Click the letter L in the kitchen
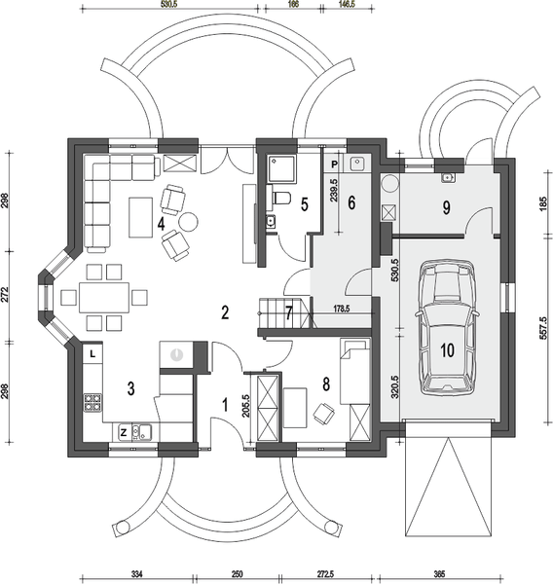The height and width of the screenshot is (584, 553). coord(92,354)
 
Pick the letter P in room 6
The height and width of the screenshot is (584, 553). coord(333,165)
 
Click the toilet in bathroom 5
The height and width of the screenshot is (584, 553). coord(279,199)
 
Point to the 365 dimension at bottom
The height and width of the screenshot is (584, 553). coord(439,574)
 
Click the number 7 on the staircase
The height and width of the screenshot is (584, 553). coord(288,313)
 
